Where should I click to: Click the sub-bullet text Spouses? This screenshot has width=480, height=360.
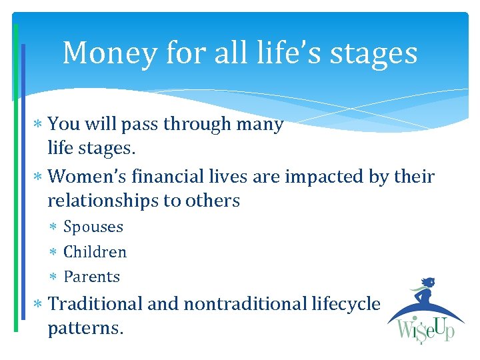[93, 227]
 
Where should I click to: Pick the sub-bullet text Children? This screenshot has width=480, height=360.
[95, 252]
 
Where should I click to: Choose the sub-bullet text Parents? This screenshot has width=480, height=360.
[91, 277]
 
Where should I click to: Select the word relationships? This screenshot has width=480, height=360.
[106, 201]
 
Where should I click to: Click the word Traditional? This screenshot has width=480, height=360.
[96, 304]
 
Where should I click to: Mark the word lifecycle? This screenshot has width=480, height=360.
[346, 305]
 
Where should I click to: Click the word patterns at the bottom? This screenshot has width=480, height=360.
[85, 329]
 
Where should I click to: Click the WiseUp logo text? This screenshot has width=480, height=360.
[426, 330]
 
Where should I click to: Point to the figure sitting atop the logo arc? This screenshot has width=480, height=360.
[427, 291]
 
